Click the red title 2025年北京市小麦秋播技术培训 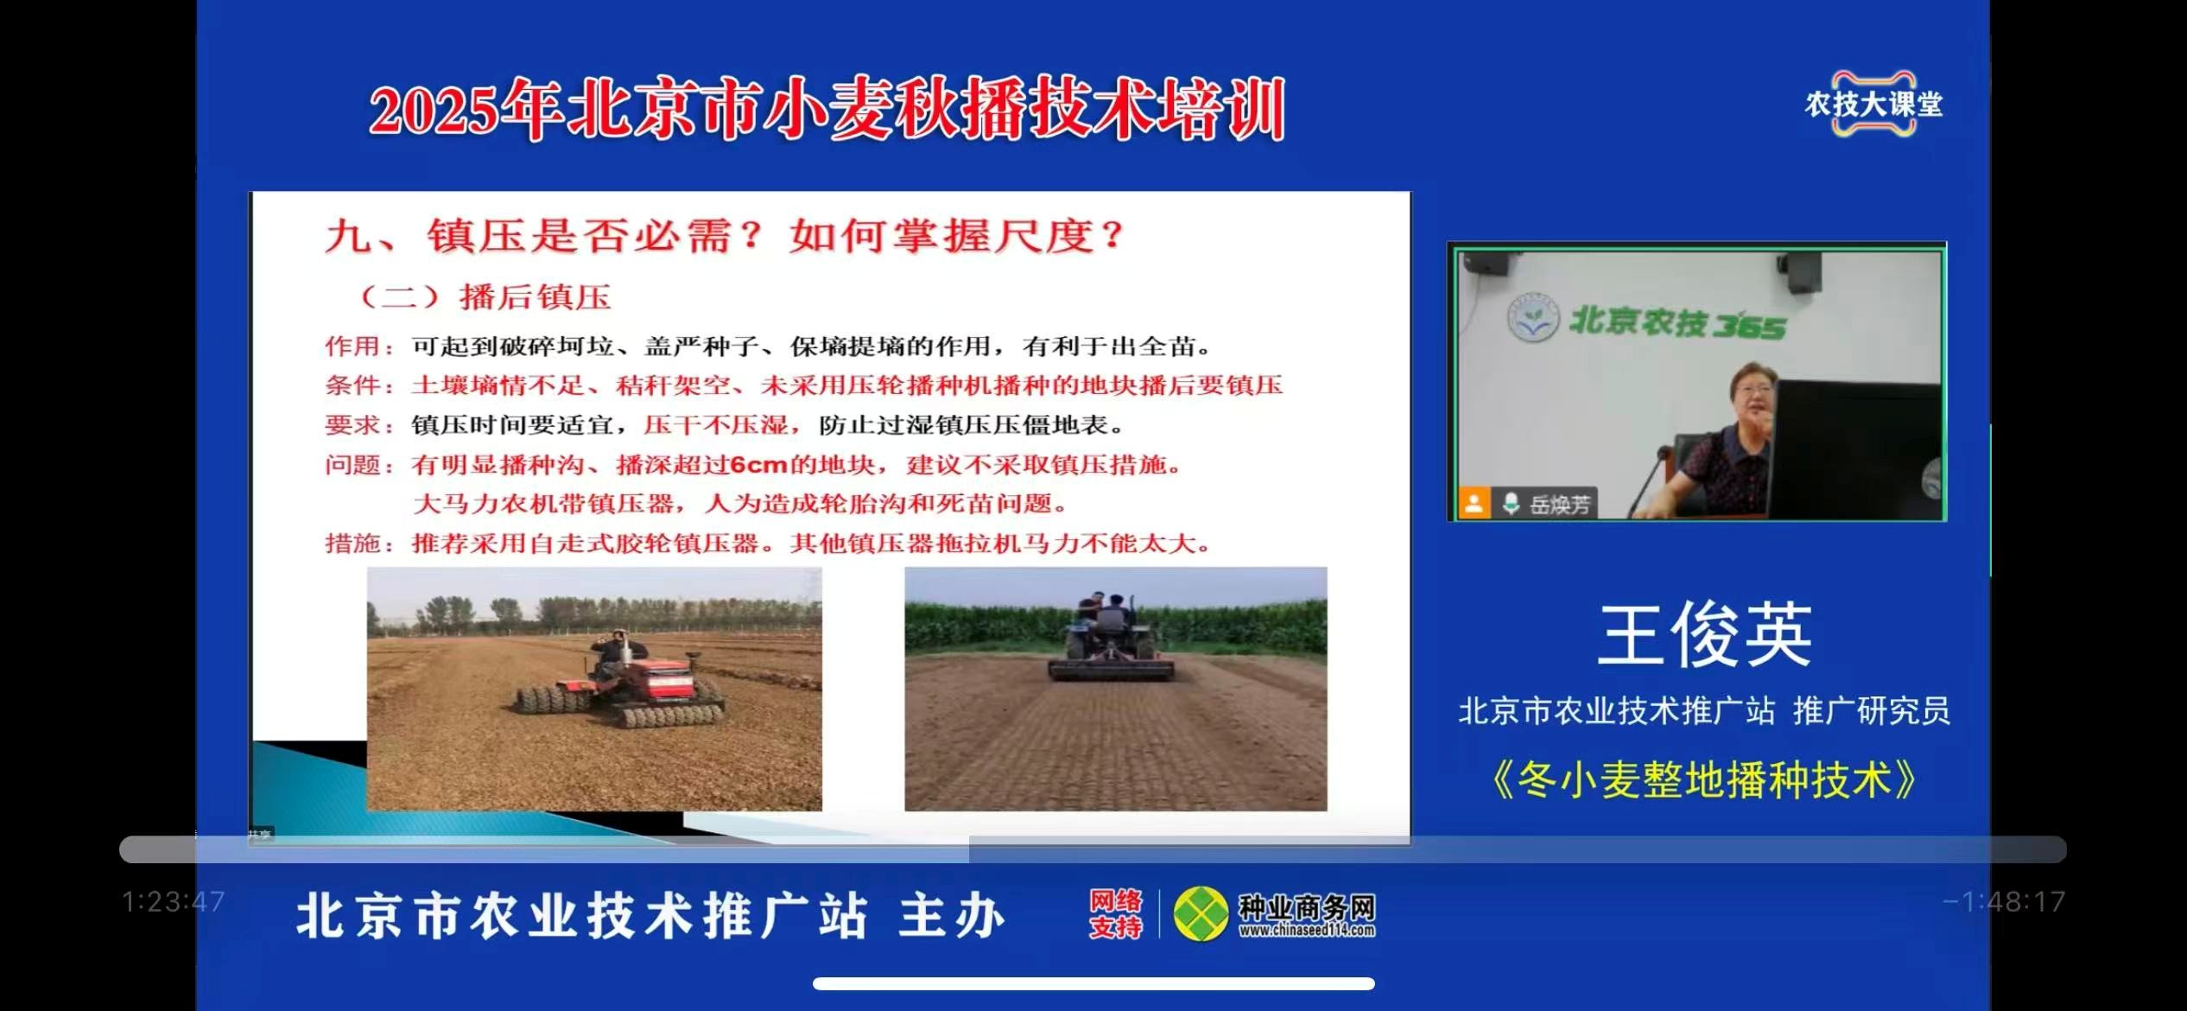pyautogui.click(x=827, y=110)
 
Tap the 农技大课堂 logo pyautogui.click(x=1873, y=104)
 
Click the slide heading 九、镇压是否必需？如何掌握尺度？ pyautogui.click(x=725, y=235)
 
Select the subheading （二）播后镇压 pyautogui.click(x=485, y=296)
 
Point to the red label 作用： pyautogui.click(x=359, y=347)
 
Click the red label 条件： pyautogui.click(x=359, y=385)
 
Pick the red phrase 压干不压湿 pyautogui.click(x=716, y=425)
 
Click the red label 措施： pyautogui.click(x=359, y=544)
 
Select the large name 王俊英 pyautogui.click(x=1704, y=635)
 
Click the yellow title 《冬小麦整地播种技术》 pyautogui.click(x=1704, y=779)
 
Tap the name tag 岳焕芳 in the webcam pyautogui.click(x=1559, y=505)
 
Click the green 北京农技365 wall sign pyautogui.click(x=1647, y=322)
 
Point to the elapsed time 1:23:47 pyautogui.click(x=174, y=902)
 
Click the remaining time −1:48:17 pyautogui.click(x=2004, y=902)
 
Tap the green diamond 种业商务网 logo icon pyautogui.click(x=1201, y=914)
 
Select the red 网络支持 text pyautogui.click(x=1115, y=914)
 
